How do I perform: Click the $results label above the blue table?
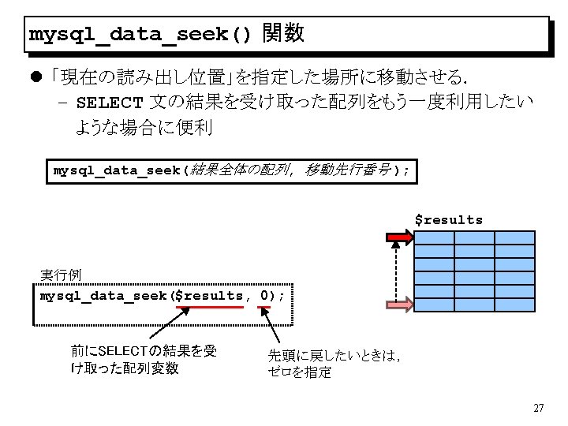pos(449,220)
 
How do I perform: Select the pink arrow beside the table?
pos(397,305)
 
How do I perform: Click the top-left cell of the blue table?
pos(435,237)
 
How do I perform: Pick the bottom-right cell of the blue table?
pos(514,305)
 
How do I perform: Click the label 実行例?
pos(61,275)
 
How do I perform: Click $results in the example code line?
pos(209,296)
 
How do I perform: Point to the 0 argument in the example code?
pos(263,296)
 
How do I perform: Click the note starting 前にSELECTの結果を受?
pos(143,359)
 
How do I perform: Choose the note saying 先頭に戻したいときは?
pos(334,364)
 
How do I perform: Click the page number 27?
pos(539,408)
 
